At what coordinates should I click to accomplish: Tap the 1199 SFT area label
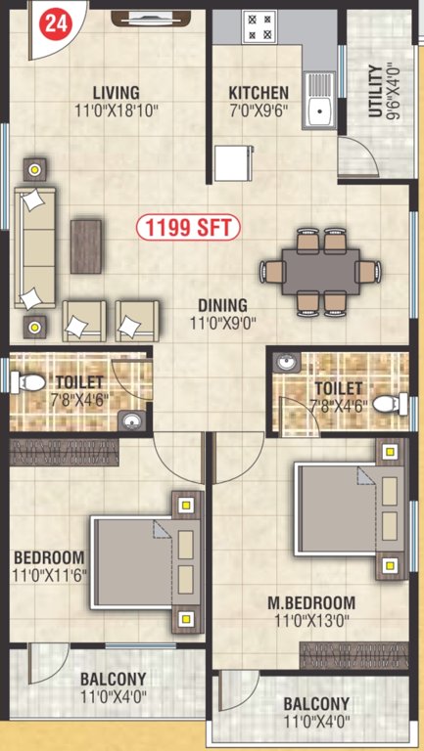pyautogui.click(x=188, y=229)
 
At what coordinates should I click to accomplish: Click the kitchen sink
pyautogui.click(x=318, y=112)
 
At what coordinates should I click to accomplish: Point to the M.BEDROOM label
pyautogui.click(x=311, y=602)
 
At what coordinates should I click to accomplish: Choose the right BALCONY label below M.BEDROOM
pyautogui.click(x=315, y=704)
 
